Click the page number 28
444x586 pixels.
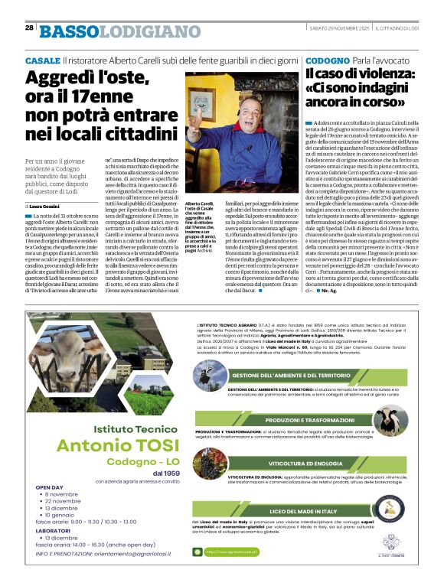(29, 28)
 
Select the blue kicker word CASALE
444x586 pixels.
(42, 60)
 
